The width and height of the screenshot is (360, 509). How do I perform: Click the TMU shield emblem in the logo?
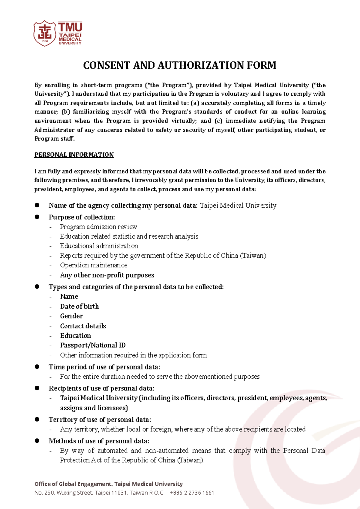tap(44, 33)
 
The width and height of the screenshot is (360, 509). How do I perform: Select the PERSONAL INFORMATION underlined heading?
tap(74, 155)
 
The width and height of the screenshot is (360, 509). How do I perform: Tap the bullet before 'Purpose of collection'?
tap(37, 217)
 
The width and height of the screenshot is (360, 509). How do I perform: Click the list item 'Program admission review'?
tap(98, 227)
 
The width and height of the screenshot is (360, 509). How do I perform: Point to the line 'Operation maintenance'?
tap(94, 265)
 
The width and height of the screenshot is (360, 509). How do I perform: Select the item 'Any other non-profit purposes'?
tap(107, 275)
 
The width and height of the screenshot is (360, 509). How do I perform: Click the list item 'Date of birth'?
tap(79, 306)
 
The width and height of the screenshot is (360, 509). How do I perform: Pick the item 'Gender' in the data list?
tap(71, 316)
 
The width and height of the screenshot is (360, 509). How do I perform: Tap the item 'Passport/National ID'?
tap(93, 345)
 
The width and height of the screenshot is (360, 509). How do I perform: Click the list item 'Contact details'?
tap(83, 326)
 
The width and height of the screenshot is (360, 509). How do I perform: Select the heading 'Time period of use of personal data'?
tap(104, 367)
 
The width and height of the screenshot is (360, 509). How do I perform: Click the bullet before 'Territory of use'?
tap(37, 419)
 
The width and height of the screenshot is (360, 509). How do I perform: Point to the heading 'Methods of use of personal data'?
tap(99, 441)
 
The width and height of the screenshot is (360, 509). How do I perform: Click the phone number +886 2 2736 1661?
tap(192, 493)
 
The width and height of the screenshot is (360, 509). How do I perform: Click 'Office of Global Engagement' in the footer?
tap(73, 484)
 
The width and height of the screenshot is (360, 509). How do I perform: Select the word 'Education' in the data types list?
tap(75, 336)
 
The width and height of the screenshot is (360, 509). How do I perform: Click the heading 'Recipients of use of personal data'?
tap(101, 388)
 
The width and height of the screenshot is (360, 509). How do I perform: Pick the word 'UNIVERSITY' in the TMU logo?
tap(70, 43)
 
